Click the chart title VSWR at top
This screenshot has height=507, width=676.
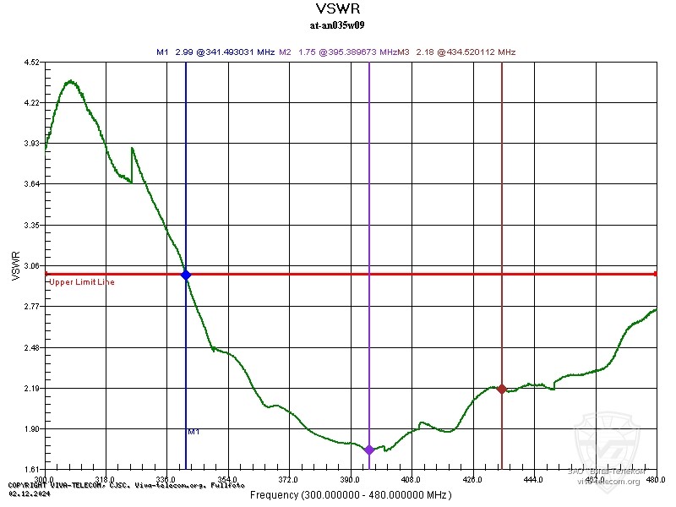pos(337,9)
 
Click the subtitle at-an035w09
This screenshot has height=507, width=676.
pos(337,25)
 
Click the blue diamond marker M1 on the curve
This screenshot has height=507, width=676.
pos(186,275)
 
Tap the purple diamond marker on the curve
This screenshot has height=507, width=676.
pos(369,450)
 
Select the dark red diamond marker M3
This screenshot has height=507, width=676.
pos(502,389)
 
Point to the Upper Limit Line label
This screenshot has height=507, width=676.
pos(82,282)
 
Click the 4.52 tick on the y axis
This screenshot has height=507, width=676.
pos(32,62)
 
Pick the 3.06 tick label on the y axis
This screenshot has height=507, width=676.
pos(32,265)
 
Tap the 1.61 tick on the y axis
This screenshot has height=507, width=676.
pos(32,469)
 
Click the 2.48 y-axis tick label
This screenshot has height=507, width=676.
pos(32,347)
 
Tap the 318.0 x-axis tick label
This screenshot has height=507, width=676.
pos(105,480)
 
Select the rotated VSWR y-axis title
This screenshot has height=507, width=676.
pos(15,265)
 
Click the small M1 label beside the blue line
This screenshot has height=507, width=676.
pos(194,432)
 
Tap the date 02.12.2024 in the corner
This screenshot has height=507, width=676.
pos(25,492)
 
